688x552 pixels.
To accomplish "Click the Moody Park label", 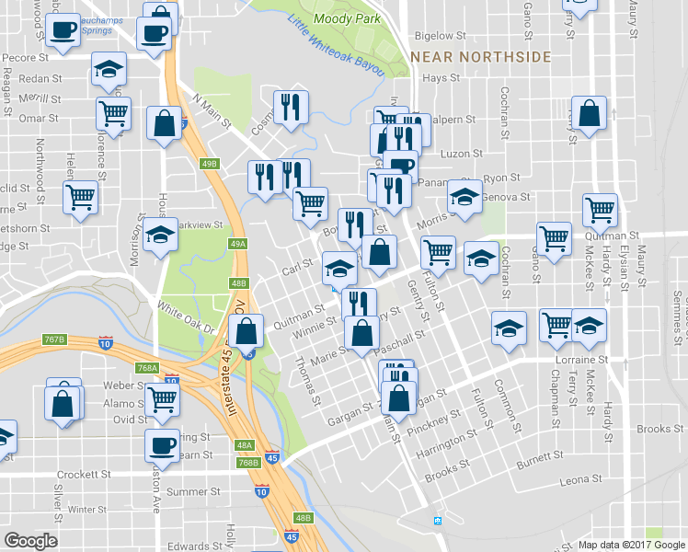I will pos(339,17).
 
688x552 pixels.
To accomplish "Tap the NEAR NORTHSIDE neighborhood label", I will pos(481,57).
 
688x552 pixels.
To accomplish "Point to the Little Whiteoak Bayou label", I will pos(336,53).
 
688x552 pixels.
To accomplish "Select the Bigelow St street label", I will pos(435,36).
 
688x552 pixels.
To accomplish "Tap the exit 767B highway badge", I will pos(55,340).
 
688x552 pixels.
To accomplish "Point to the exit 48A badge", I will pos(244,444).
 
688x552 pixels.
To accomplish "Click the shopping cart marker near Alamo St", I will pos(163,398).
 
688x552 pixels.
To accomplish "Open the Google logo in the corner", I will pos(32,541).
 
